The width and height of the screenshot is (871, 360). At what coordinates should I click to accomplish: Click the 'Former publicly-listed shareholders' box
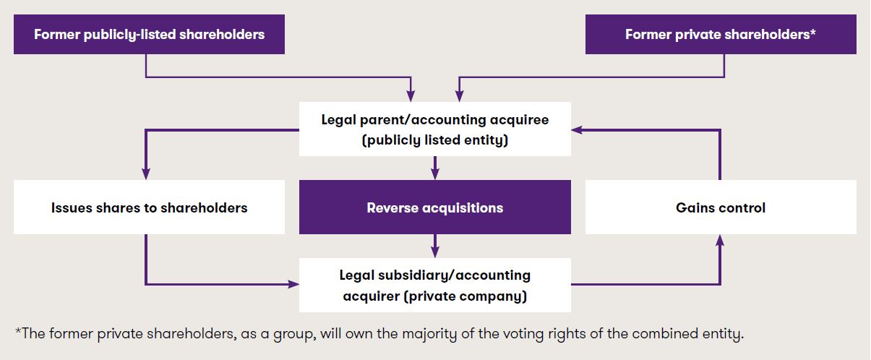149,35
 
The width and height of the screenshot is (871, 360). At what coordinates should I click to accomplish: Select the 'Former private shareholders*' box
721,35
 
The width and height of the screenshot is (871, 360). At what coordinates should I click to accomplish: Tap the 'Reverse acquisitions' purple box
434,207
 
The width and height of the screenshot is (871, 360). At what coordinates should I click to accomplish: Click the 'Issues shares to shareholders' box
149,207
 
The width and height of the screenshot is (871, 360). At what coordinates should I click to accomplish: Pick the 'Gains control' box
721,207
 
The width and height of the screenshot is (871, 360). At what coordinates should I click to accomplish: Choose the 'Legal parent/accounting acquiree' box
434,129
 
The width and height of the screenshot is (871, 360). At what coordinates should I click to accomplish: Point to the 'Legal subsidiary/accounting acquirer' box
434,285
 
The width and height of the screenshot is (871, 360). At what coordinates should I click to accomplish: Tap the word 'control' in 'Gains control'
741,207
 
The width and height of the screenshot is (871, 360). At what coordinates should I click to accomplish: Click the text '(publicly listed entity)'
434,140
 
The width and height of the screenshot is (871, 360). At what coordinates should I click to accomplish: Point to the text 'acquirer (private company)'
434,296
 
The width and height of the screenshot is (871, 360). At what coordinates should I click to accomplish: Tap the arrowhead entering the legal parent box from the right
576,130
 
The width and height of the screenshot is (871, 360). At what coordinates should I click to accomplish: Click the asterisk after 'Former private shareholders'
814,33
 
